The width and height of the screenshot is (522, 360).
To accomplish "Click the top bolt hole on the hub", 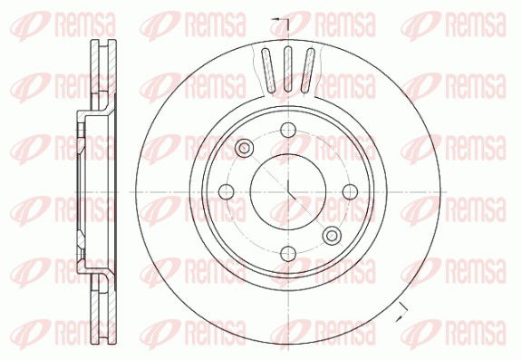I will click(287, 129).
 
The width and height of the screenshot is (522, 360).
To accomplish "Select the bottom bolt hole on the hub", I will click(287, 254).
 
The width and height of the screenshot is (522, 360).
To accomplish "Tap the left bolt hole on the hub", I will click(225, 191).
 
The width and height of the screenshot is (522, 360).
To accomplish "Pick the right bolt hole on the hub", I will click(350, 191).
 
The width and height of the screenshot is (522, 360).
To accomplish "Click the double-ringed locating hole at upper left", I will click(244, 148).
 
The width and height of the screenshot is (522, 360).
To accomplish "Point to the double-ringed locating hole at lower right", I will click(332, 235).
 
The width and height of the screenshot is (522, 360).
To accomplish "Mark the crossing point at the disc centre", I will click(287, 191).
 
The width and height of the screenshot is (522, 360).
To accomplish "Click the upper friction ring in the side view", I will click(101, 77).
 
